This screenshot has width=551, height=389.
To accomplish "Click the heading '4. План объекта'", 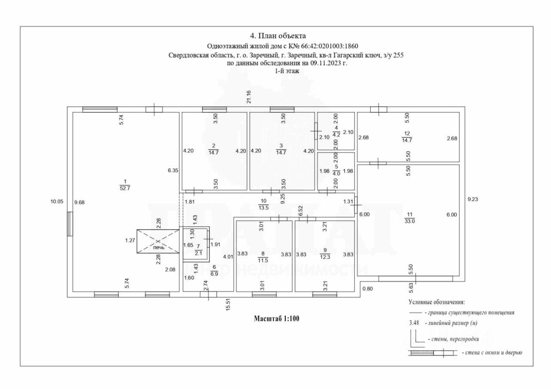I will tap(278, 36).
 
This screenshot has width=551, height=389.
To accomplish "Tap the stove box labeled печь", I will tap(158, 241).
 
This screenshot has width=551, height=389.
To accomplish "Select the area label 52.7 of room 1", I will tap(125, 188).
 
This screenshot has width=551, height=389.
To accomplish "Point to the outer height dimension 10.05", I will tap(56, 201).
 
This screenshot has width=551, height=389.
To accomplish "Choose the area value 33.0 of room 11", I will tap(409, 221).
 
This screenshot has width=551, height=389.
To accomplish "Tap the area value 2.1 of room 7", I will tap(198, 253).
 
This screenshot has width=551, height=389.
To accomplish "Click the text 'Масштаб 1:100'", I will tap(276, 319).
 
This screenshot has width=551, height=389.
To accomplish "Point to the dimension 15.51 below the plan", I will tap(228, 304).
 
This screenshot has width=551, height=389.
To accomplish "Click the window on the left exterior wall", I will tap(70, 224).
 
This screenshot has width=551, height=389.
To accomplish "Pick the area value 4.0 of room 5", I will tap(336, 174).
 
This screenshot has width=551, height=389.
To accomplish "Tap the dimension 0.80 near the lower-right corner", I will tap(368, 288).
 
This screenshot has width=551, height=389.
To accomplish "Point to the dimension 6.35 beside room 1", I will tap(173, 170).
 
